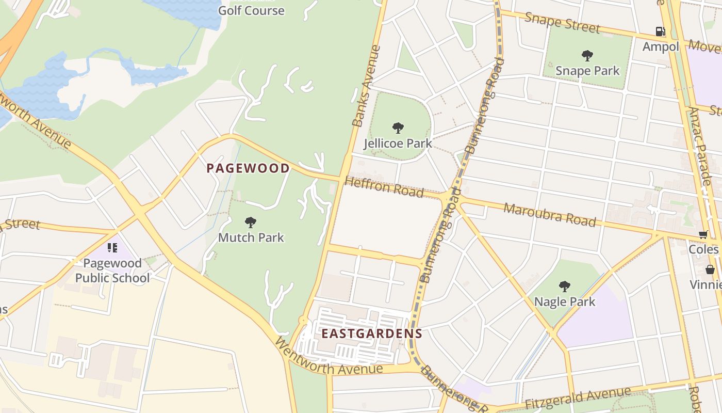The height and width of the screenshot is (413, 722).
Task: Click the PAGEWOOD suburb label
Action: point(248,168)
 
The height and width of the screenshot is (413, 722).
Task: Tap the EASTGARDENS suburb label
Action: point(372,333)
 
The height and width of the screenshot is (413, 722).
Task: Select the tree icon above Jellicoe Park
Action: point(398,128)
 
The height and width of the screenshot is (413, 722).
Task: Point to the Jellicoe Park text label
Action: point(398,143)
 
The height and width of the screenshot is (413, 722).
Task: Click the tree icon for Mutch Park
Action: point(251,223)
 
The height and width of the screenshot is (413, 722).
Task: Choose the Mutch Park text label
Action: point(251,237)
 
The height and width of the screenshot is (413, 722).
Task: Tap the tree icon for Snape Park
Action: point(587,55)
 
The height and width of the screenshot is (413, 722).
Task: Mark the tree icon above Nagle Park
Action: point(565,286)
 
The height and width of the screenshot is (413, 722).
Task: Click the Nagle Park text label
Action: point(565,301)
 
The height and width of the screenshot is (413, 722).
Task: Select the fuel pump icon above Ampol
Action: point(661,31)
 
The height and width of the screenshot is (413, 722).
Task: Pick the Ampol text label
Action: point(661,46)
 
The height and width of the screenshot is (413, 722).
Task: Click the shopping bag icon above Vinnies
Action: point(710,269)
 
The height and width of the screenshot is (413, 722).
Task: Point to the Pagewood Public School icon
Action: point(112,248)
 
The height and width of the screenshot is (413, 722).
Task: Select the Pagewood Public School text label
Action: point(112,271)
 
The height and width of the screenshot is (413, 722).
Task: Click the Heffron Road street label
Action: point(384,187)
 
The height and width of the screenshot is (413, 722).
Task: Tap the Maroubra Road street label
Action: point(550,215)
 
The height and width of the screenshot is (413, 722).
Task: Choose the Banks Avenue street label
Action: point(366,86)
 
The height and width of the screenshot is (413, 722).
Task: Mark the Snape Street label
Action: point(562,23)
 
